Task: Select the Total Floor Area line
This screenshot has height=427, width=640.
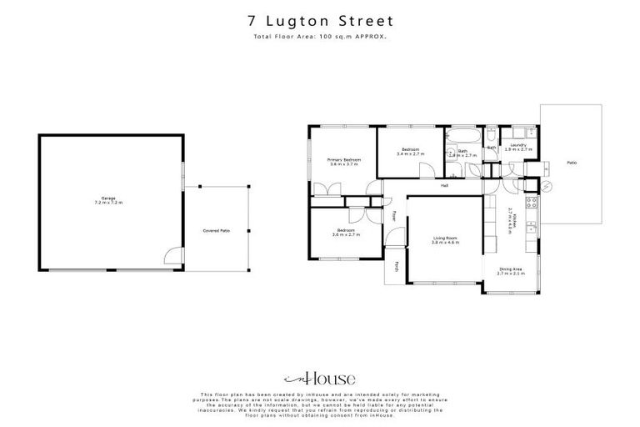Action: (x=320, y=38)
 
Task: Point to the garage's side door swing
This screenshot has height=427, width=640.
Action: (x=172, y=258)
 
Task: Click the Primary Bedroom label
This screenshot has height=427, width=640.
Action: (x=343, y=161)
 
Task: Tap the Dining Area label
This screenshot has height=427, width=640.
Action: (x=511, y=270)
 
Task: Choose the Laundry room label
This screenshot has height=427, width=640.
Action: (x=517, y=147)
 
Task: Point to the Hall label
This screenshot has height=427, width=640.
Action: (x=445, y=185)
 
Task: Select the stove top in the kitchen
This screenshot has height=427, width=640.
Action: (x=531, y=203)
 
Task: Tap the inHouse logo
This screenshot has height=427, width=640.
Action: (x=320, y=377)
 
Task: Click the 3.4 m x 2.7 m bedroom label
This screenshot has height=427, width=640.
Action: (x=411, y=152)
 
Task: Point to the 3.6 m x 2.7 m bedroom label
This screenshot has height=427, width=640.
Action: (x=346, y=232)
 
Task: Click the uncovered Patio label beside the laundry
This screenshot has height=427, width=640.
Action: (x=572, y=163)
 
